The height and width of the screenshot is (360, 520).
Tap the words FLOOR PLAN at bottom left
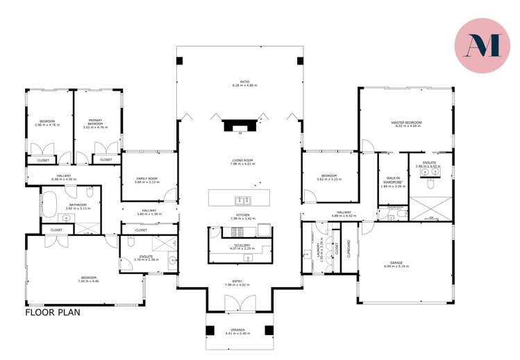click(x=53, y=312)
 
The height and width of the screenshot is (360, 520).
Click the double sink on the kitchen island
click(x=242, y=201)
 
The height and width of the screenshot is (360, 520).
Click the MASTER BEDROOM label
click(x=408, y=123)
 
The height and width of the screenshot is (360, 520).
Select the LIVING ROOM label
click(x=243, y=162)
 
